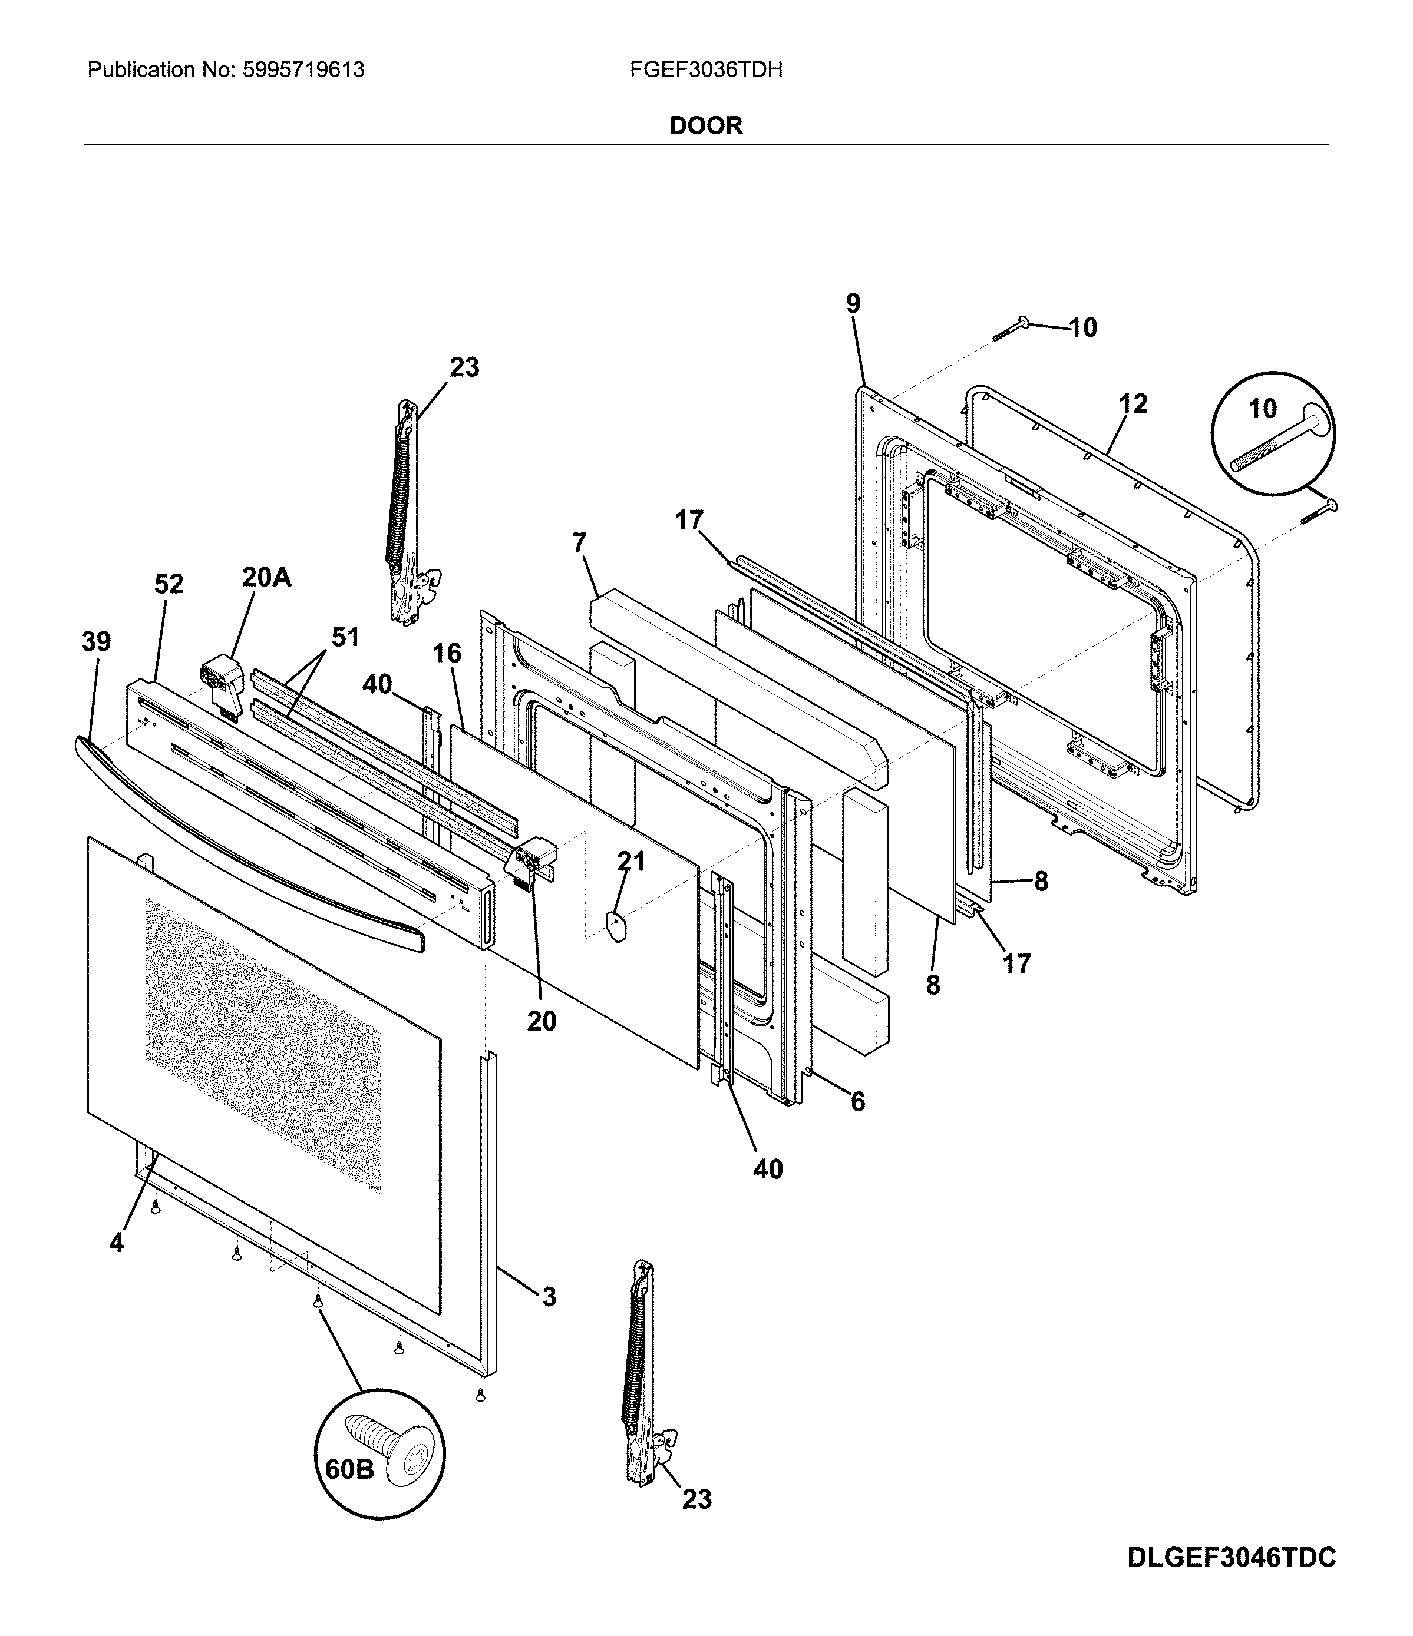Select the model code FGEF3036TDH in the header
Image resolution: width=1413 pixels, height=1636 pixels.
706,70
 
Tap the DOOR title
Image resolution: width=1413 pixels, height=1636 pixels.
706,125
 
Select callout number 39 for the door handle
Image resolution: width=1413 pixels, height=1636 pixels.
97,641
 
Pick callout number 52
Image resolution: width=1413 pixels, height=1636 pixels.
169,584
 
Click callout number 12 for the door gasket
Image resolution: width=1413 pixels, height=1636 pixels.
1133,404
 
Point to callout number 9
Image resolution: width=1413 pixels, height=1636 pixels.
853,303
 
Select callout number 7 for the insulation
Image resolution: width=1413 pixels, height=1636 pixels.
580,543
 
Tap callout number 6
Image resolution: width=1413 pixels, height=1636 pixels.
858,1101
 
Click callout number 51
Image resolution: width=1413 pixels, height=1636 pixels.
345,637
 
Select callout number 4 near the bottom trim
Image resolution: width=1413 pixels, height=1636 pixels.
116,1243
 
